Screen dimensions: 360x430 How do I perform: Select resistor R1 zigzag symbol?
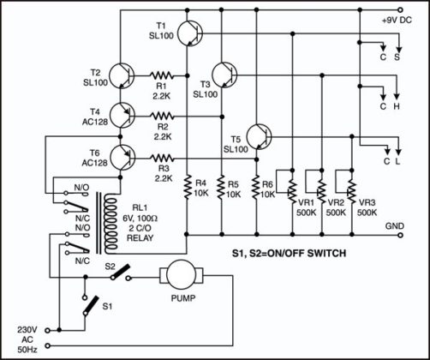(162, 75)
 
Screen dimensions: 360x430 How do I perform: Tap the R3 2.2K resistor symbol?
(162, 157)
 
